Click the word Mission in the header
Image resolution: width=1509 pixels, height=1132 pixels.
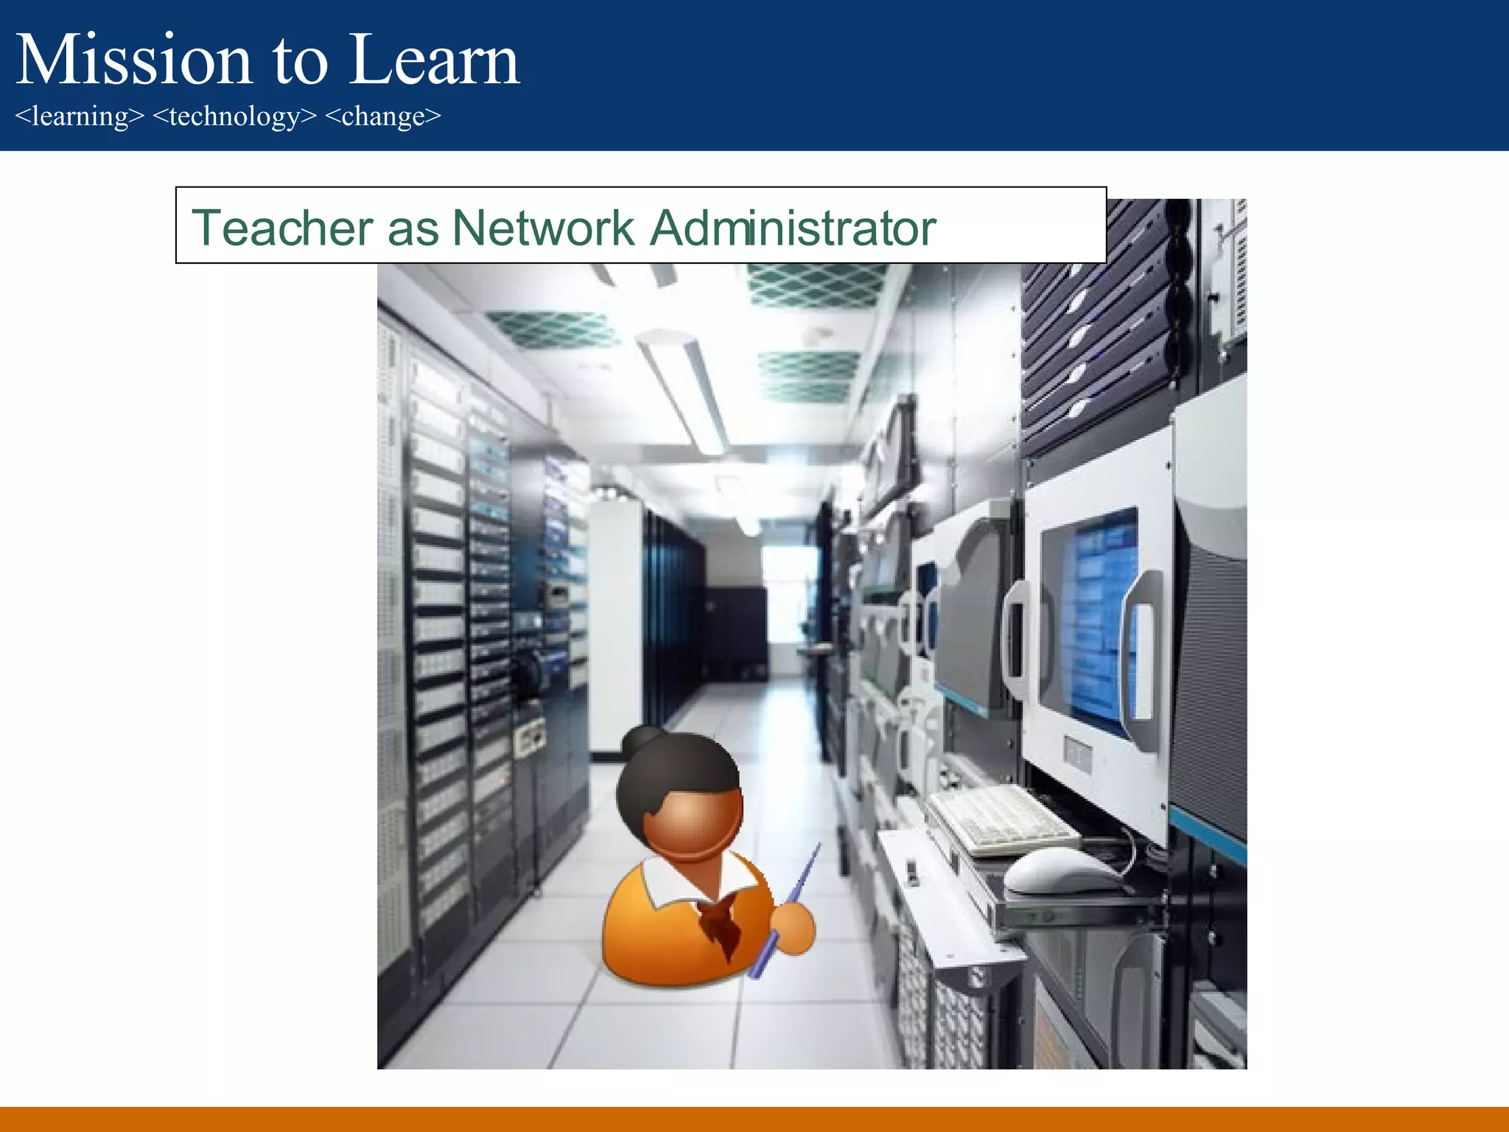[x=134, y=60]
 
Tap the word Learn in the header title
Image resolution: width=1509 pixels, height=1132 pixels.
[x=435, y=60]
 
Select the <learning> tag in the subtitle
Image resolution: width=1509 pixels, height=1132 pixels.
[x=80, y=116]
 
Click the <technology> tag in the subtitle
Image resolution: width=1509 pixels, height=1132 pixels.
[x=234, y=116]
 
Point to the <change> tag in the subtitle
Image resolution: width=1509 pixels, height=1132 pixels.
[x=382, y=116]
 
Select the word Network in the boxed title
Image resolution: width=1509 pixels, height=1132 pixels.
[x=543, y=228]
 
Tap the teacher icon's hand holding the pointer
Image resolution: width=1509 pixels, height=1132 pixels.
[x=794, y=928]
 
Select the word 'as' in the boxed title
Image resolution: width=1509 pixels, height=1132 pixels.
[x=413, y=228]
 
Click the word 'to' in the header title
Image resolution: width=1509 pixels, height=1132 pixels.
[x=300, y=60]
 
